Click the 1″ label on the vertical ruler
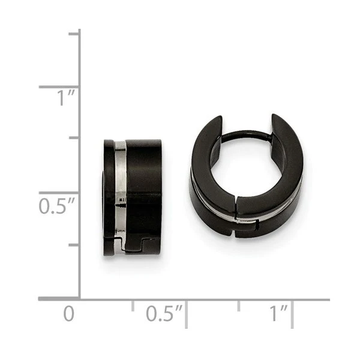pos(66,98)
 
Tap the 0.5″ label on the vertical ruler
pos(57,206)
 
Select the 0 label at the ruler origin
pos(69,313)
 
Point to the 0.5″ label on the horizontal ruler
pos(164,313)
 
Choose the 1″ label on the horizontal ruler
pos(278,313)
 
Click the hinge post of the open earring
pos(247,136)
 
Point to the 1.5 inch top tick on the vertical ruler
pos(74,34)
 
